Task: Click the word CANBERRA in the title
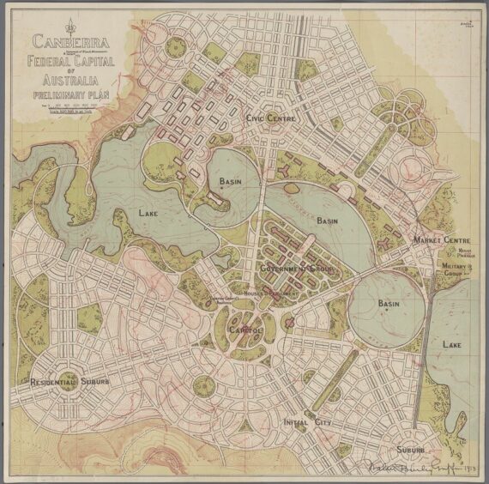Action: tap(65, 39)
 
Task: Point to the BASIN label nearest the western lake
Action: tap(231, 181)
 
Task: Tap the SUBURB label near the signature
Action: tap(411, 451)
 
